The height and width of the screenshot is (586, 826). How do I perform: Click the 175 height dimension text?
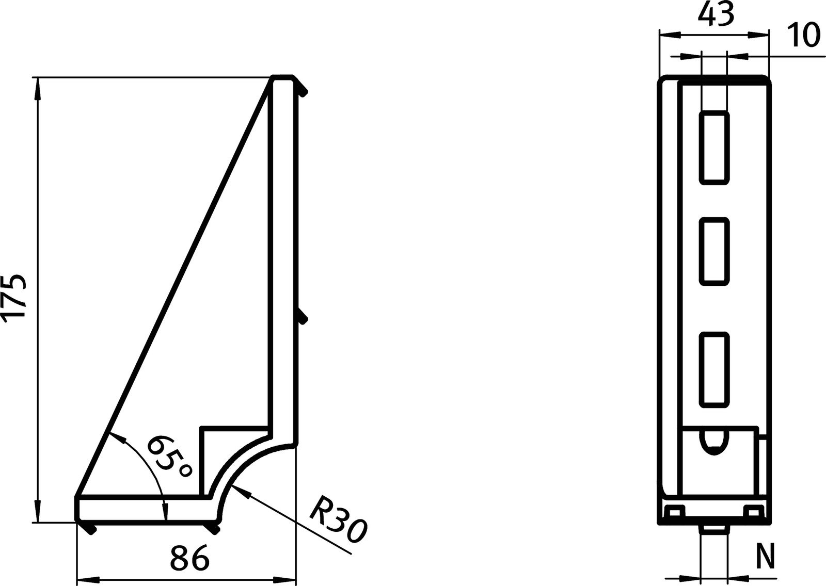[x=14, y=299]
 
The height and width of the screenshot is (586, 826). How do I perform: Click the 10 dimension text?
[x=804, y=35]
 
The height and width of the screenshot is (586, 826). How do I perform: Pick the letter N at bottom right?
[x=768, y=556]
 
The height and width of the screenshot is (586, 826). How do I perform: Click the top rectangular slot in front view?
[x=714, y=148]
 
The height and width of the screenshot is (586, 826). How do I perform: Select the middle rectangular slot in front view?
[x=714, y=252]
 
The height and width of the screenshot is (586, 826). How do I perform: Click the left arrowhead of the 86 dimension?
[x=86, y=579]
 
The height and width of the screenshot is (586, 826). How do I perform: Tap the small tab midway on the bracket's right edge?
[x=303, y=318]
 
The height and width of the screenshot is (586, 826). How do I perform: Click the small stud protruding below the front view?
[x=713, y=530]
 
